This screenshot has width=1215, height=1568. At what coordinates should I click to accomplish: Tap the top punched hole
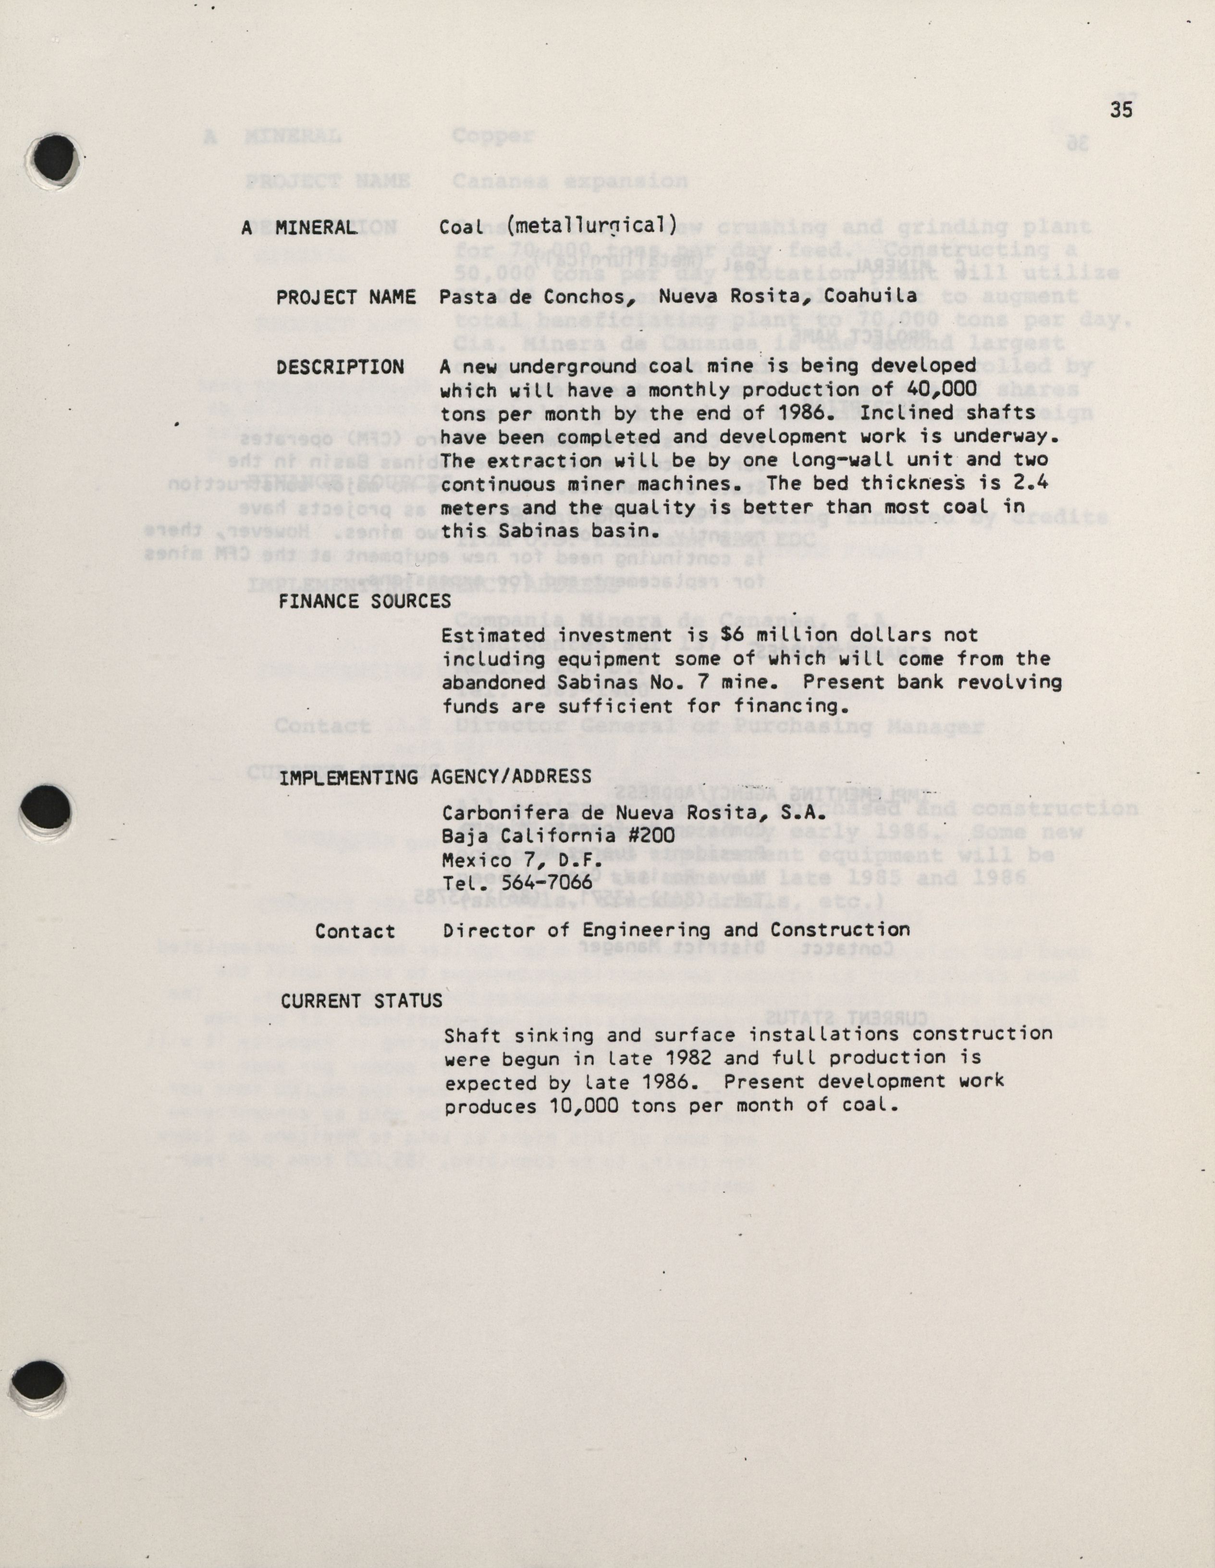[55, 158]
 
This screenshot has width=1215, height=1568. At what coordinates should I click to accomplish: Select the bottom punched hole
[39, 1381]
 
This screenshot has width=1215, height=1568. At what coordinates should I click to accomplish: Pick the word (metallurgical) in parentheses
[591, 225]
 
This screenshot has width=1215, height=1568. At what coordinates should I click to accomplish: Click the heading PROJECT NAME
[346, 297]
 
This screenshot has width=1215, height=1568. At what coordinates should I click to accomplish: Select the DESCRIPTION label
[340, 367]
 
